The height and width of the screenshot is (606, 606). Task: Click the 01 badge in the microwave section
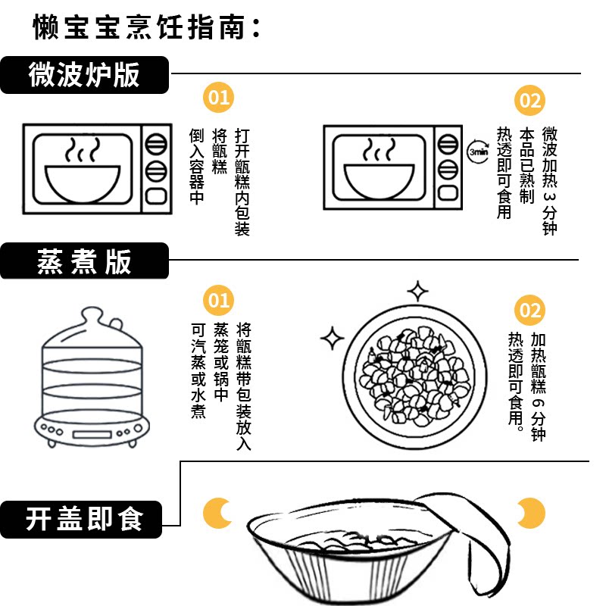point(218,98)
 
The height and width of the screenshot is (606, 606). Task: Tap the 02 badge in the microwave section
point(529,102)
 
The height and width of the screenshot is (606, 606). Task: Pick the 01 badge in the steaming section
point(218,301)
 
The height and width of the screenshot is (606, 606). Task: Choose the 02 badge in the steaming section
point(529,310)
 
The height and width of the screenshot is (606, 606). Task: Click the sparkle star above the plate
point(417,291)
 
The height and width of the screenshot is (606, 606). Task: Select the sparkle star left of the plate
point(332,338)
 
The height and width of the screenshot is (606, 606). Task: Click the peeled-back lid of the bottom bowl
point(462,530)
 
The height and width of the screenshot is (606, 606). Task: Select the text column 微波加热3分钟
point(549,180)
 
